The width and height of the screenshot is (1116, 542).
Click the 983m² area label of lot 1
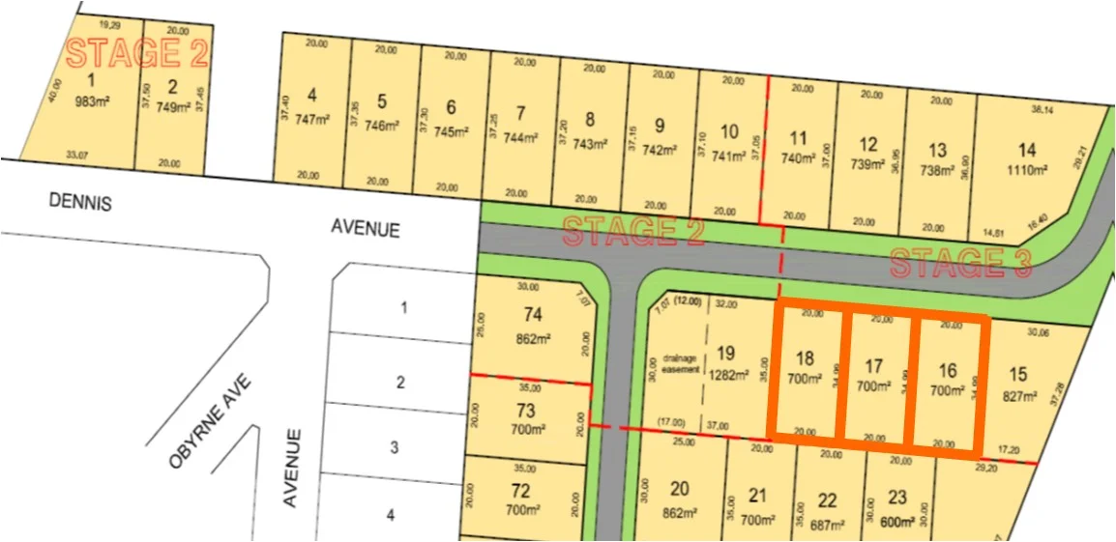pos(95,100)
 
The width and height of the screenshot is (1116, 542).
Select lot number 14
pos(1027,150)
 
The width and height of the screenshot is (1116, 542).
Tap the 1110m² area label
pos(1027,170)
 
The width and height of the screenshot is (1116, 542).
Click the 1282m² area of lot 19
pos(726,375)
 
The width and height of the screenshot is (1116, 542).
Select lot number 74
pos(532,314)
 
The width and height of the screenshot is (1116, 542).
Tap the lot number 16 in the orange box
pos(947,370)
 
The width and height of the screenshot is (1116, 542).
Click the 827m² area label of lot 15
pos(1017,396)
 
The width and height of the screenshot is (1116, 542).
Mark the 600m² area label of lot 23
pos(898,519)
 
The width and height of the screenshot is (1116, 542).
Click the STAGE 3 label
pos(960,263)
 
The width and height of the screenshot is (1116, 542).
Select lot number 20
pos(680,489)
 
